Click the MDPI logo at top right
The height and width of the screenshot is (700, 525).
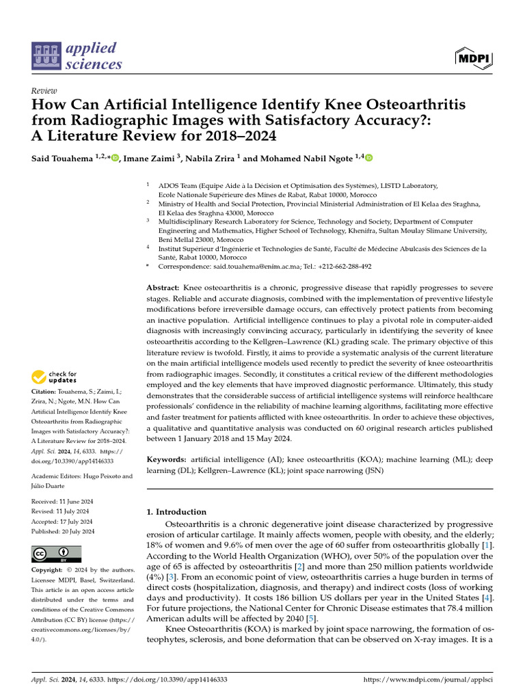point(473,57)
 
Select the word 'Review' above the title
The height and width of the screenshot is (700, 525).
point(44,91)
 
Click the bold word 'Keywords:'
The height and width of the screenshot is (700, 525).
point(167,460)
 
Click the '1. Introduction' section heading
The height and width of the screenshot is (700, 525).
point(176,511)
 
